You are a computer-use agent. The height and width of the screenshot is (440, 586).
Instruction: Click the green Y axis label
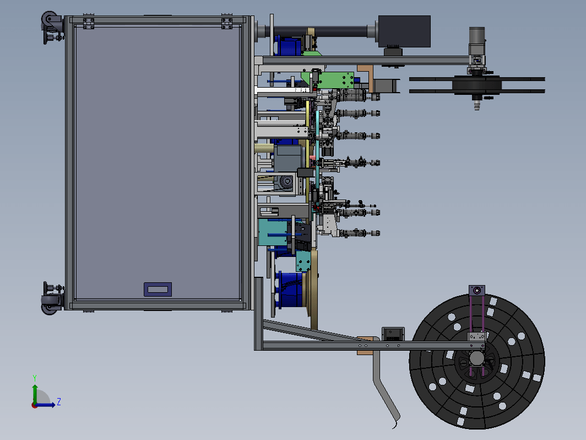point(34,378)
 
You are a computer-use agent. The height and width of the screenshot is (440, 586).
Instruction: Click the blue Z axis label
point(59,402)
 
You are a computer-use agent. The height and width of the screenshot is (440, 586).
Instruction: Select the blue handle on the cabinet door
point(158,289)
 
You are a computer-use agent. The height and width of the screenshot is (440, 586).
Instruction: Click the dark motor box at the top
point(404,31)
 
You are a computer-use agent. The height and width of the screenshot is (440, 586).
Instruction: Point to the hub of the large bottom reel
point(477,358)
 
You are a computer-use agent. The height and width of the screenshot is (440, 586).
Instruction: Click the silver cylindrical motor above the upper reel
point(477,41)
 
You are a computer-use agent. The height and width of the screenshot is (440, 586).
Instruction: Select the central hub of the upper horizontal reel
point(477,85)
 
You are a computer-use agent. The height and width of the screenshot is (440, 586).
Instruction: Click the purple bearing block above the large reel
point(477,291)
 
